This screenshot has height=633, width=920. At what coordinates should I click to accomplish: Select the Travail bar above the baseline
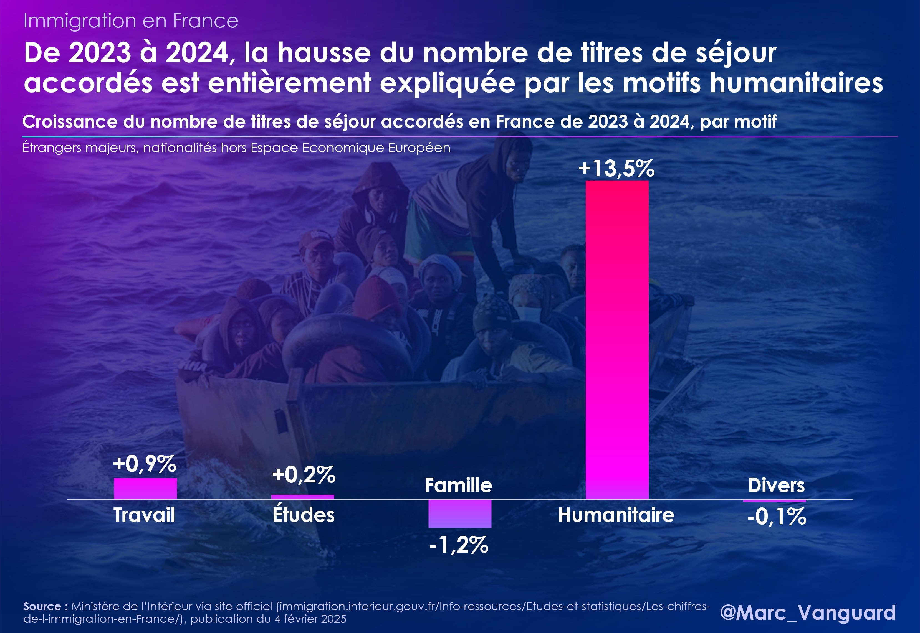(x=145, y=488)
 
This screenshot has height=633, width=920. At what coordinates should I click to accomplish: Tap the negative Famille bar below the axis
(x=460, y=513)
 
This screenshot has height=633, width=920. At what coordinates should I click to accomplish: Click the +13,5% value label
(x=616, y=168)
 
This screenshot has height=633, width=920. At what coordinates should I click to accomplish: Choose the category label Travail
(x=144, y=515)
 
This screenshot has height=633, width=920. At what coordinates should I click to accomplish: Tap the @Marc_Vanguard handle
(x=808, y=612)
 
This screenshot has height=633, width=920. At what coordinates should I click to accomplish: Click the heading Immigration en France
(x=131, y=21)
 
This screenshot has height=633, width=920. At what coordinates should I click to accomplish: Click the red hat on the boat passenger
(x=375, y=296)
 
